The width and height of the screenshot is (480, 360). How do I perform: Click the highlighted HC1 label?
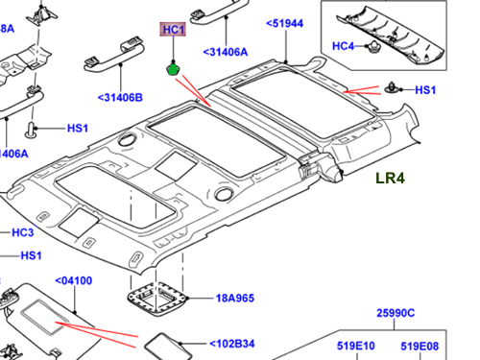(x=173, y=30)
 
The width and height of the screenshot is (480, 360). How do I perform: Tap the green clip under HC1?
(x=173, y=69)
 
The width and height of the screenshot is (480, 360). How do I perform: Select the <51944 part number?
(x=284, y=23)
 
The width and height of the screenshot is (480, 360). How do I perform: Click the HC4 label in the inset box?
(x=343, y=46)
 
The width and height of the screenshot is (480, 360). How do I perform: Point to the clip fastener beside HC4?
(x=373, y=47)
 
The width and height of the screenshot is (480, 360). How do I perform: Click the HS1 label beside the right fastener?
(x=425, y=90)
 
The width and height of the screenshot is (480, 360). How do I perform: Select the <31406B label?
(x=120, y=98)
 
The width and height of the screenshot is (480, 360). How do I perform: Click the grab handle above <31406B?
(x=114, y=56)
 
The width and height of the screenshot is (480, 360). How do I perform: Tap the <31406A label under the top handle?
(x=226, y=52)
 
